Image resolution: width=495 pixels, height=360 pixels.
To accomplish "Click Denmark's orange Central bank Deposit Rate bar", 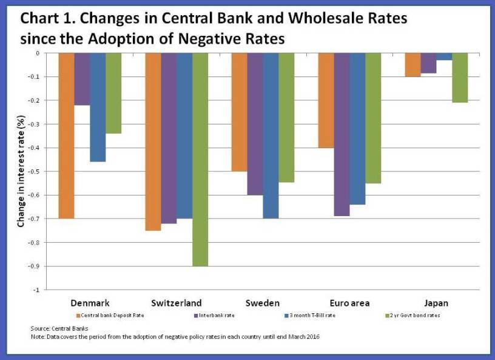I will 66,135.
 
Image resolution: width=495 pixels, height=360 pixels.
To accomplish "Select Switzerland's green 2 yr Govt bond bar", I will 200,159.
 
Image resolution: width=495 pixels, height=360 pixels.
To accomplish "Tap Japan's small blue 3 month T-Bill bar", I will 444,56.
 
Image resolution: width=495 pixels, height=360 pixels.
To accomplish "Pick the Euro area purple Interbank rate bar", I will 342,134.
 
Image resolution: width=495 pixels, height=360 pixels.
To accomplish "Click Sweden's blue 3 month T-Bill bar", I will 271,135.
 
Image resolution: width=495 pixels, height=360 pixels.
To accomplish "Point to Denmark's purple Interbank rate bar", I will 82,79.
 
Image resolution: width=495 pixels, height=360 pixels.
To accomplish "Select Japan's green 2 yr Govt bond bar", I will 460,78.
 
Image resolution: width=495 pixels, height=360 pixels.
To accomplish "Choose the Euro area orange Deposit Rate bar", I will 326,100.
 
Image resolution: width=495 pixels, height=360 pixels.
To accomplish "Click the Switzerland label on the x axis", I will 177,302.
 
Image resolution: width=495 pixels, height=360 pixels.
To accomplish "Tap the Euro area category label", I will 349,302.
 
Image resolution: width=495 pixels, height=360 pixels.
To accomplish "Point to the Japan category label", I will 436,302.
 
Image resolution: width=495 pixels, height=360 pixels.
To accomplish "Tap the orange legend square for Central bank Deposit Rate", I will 78,315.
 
